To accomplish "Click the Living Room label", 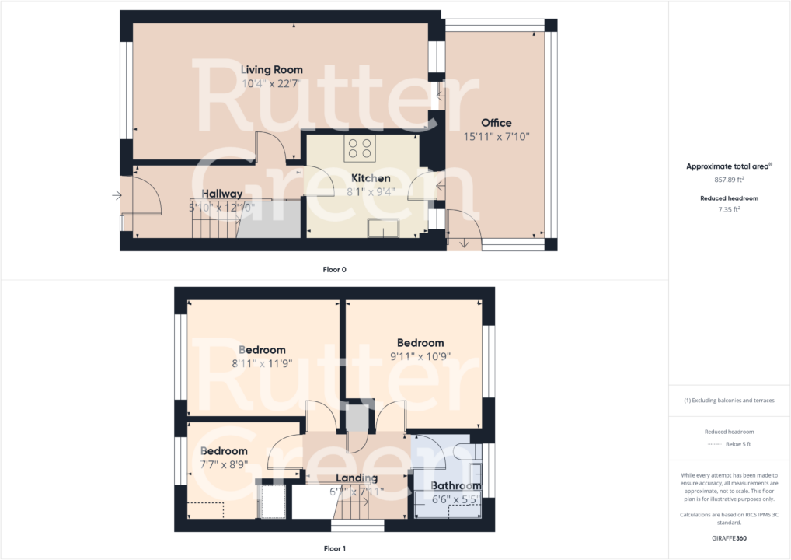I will (271, 70).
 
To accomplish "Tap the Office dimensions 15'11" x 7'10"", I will (496, 136).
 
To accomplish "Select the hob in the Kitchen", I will (360, 145).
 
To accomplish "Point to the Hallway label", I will (222, 194).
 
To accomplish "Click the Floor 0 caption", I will (335, 270).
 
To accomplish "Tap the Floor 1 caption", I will (335, 548).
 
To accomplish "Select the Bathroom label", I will (456, 486).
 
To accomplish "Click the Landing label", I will (357, 478).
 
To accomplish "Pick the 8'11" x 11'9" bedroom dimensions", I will (263, 363).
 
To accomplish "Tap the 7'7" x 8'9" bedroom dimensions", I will (224, 464).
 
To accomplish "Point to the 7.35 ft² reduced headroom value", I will (729, 208).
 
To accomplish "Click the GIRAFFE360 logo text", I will (729, 537).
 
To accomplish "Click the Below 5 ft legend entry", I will (738, 444).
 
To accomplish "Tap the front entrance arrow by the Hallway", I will (117, 195).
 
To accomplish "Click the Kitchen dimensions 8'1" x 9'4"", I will (371, 191).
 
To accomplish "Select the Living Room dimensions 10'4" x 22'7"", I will (271, 83).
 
